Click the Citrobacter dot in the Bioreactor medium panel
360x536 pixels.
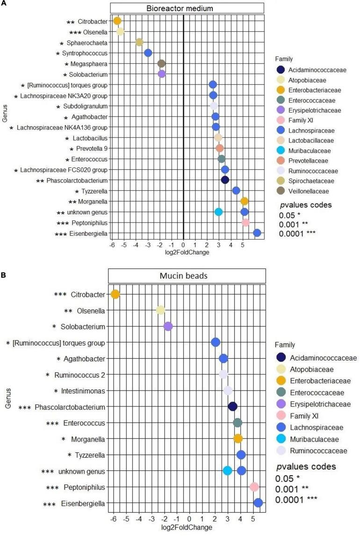click(x=117, y=21)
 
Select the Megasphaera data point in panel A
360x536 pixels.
click(x=161, y=63)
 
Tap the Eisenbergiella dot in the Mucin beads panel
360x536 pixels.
click(x=258, y=503)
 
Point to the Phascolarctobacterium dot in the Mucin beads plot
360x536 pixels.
click(x=233, y=406)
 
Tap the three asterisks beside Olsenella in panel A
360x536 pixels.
click(x=75, y=32)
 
